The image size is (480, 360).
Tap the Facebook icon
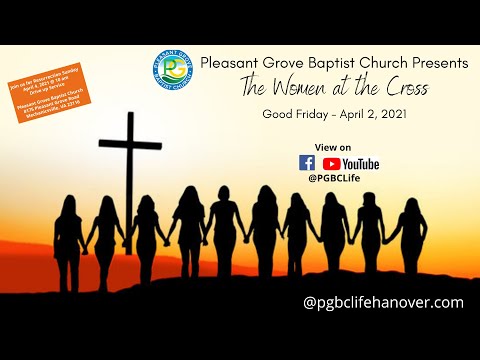coord(307,163)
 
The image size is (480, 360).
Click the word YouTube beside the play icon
coord(361,163)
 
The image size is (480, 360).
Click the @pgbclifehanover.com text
coord(384,302)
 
